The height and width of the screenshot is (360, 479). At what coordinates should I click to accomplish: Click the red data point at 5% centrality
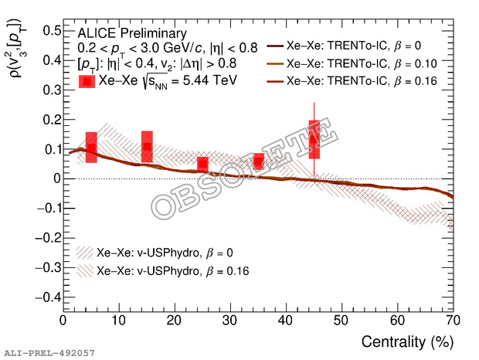pyautogui.click(x=91, y=148)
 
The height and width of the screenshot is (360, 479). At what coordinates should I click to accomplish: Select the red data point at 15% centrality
pyautogui.click(x=147, y=147)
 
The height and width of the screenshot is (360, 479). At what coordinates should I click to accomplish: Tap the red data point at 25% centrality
pyautogui.click(x=202, y=164)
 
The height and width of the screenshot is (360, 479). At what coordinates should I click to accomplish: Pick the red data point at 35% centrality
pyautogui.click(x=258, y=161)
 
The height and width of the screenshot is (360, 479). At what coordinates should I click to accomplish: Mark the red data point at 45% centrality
pyautogui.click(x=314, y=140)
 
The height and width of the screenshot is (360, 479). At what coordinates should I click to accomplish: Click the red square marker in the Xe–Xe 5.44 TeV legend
pyautogui.click(x=87, y=80)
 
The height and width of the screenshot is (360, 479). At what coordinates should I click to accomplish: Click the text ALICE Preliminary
pyautogui.click(x=132, y=34)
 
